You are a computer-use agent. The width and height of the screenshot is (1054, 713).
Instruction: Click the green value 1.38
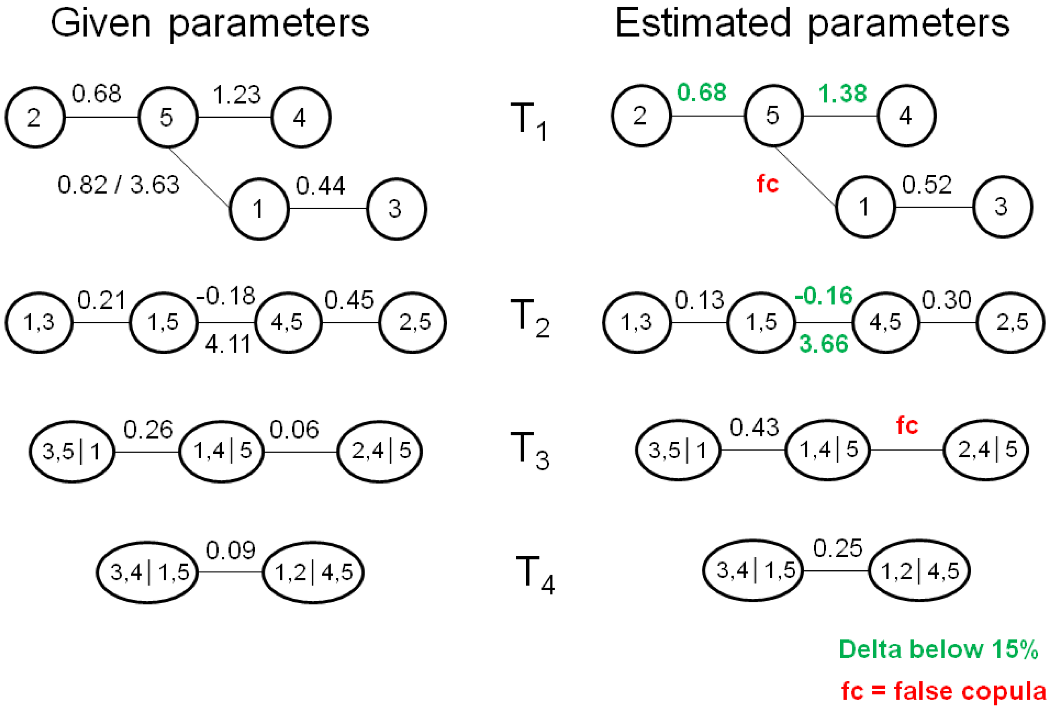(842, 94)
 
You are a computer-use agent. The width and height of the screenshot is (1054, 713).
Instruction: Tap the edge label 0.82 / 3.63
(118, 185)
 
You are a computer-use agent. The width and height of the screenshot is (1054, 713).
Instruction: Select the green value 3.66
(824, 344)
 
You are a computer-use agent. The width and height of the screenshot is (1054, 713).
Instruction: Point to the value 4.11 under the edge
(228, 344)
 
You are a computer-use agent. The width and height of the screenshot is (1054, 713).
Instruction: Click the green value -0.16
(824, 296)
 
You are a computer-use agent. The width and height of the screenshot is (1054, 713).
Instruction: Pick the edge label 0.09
(230, 551)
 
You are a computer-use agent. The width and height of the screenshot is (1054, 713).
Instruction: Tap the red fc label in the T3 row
(907, 426)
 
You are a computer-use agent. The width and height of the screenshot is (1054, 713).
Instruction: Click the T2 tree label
(530, 318)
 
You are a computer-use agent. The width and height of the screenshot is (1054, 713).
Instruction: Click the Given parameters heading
(210, 24)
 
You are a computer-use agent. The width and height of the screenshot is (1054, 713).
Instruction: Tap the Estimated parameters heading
(812, 24)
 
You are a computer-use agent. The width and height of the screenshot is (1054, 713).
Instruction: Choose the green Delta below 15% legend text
(938, 649)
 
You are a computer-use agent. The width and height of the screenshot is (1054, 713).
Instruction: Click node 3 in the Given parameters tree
(396, 209)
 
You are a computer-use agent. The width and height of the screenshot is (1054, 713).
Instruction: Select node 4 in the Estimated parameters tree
(906, 116)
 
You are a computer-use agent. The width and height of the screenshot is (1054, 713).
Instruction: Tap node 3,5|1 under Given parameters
(72, 451)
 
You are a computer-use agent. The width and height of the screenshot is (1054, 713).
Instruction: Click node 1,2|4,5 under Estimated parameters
(919, 571)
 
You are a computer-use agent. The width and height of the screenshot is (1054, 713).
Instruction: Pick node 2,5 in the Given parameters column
(413, 323)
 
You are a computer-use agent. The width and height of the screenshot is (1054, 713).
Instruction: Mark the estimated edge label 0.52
(926, 185)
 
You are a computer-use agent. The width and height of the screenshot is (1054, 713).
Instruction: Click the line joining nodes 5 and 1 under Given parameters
(199, 177)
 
